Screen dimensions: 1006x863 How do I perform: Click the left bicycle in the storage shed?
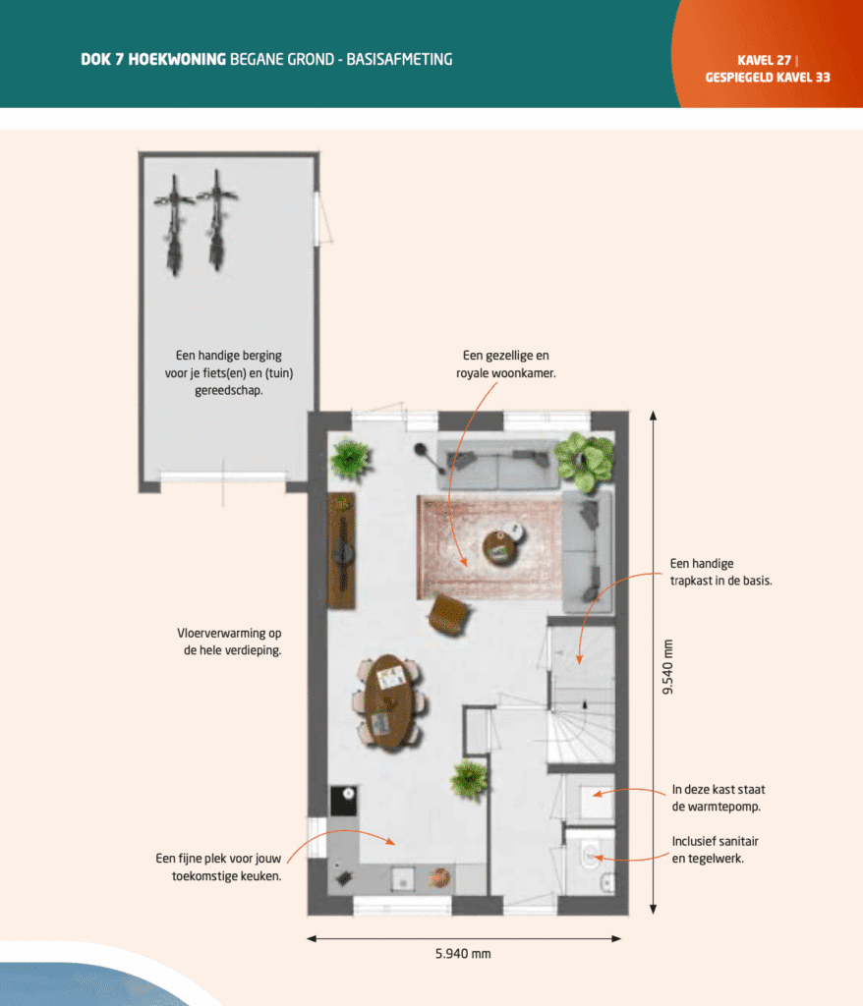click(175, 223)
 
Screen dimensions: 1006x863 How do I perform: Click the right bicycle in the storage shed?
click(216, 220)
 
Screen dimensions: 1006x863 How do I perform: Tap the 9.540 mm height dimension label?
click(669, 667)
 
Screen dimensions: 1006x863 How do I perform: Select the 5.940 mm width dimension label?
click(464, 954)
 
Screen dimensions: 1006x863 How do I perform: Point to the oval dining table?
click(389, 701)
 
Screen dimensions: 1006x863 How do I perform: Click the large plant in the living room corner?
click(585, 460)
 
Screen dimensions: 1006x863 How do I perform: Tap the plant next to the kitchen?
click(469, 780)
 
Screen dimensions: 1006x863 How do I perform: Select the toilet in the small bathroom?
click(592, 856)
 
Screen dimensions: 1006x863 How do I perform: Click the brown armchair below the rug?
click(448, 613)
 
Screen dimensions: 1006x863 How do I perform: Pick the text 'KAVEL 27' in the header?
click(764, 60)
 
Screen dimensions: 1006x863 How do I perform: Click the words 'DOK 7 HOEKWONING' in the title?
click(152, 60)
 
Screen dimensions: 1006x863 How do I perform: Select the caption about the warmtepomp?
click(719, 798)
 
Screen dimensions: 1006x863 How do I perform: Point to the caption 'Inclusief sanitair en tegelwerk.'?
click(716, 850)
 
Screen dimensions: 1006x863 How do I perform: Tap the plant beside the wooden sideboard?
click(350, 457)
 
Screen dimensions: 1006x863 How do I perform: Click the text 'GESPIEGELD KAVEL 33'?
click(768, 77)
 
